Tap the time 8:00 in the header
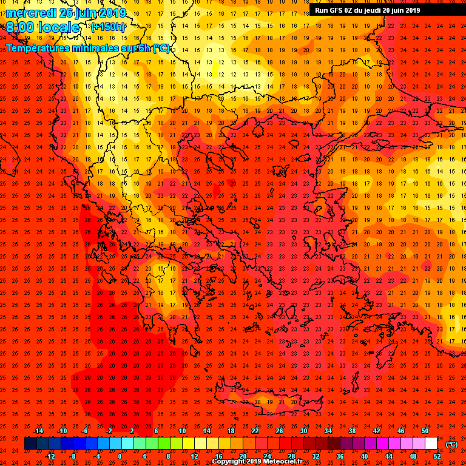[22, 27]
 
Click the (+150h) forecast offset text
[109, 27]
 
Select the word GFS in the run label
[338, 10]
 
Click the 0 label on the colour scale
[120, 456]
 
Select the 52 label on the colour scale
[437, 456]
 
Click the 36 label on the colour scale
[340, 456]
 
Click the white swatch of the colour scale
[431, 444]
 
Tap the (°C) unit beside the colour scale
[452, 444]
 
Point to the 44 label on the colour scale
[388, 456]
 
